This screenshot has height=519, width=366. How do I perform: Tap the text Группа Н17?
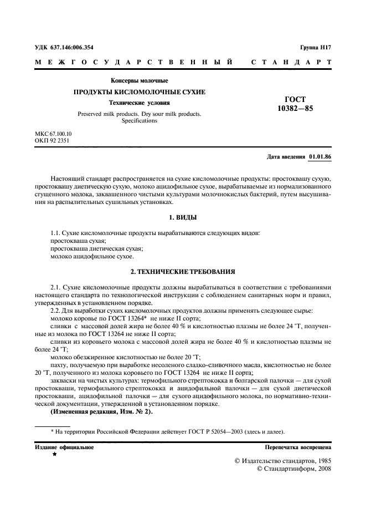coord(316,48)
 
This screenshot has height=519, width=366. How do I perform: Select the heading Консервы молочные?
coord(139,81)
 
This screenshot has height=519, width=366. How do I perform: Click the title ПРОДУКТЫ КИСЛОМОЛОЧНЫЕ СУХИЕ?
coord(140,92)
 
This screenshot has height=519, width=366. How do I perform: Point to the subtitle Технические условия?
coord(139,103)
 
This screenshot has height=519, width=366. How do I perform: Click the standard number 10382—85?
coord(295,109)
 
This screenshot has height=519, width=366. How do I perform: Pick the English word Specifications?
coord(139,121)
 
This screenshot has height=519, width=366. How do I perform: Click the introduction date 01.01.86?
coord(320,157)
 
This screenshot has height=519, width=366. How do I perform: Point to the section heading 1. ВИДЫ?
coord(182,217)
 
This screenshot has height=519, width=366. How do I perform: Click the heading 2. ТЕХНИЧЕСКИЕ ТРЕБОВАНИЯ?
coord(182,272)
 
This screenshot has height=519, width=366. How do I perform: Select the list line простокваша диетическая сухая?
coord(87,249)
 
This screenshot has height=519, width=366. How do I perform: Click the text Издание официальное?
coord(64,446)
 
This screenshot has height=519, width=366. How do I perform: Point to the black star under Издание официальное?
coord(54,454)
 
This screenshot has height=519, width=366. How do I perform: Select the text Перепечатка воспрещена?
coord(298,446)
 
